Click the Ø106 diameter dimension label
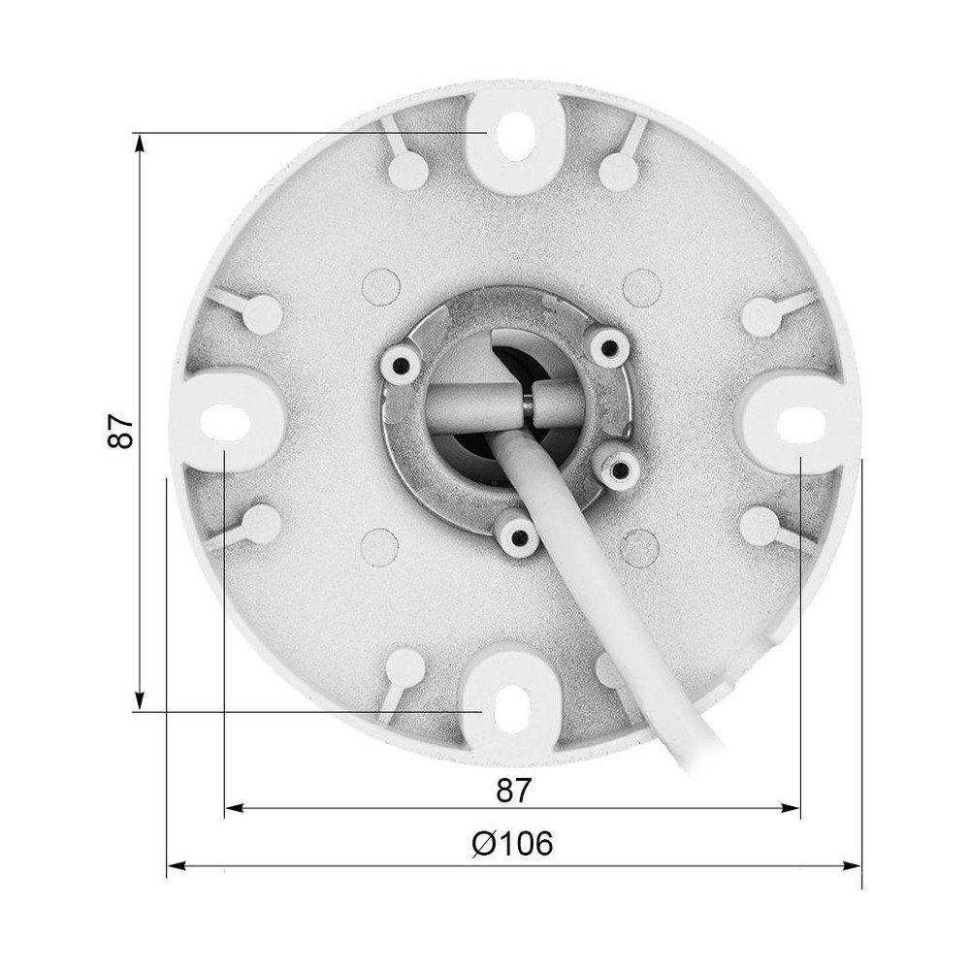[x=513, y=843]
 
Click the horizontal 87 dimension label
[x=514, y=790]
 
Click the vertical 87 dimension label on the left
[x=118, y=432]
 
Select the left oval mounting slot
[x=222, y=418]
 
